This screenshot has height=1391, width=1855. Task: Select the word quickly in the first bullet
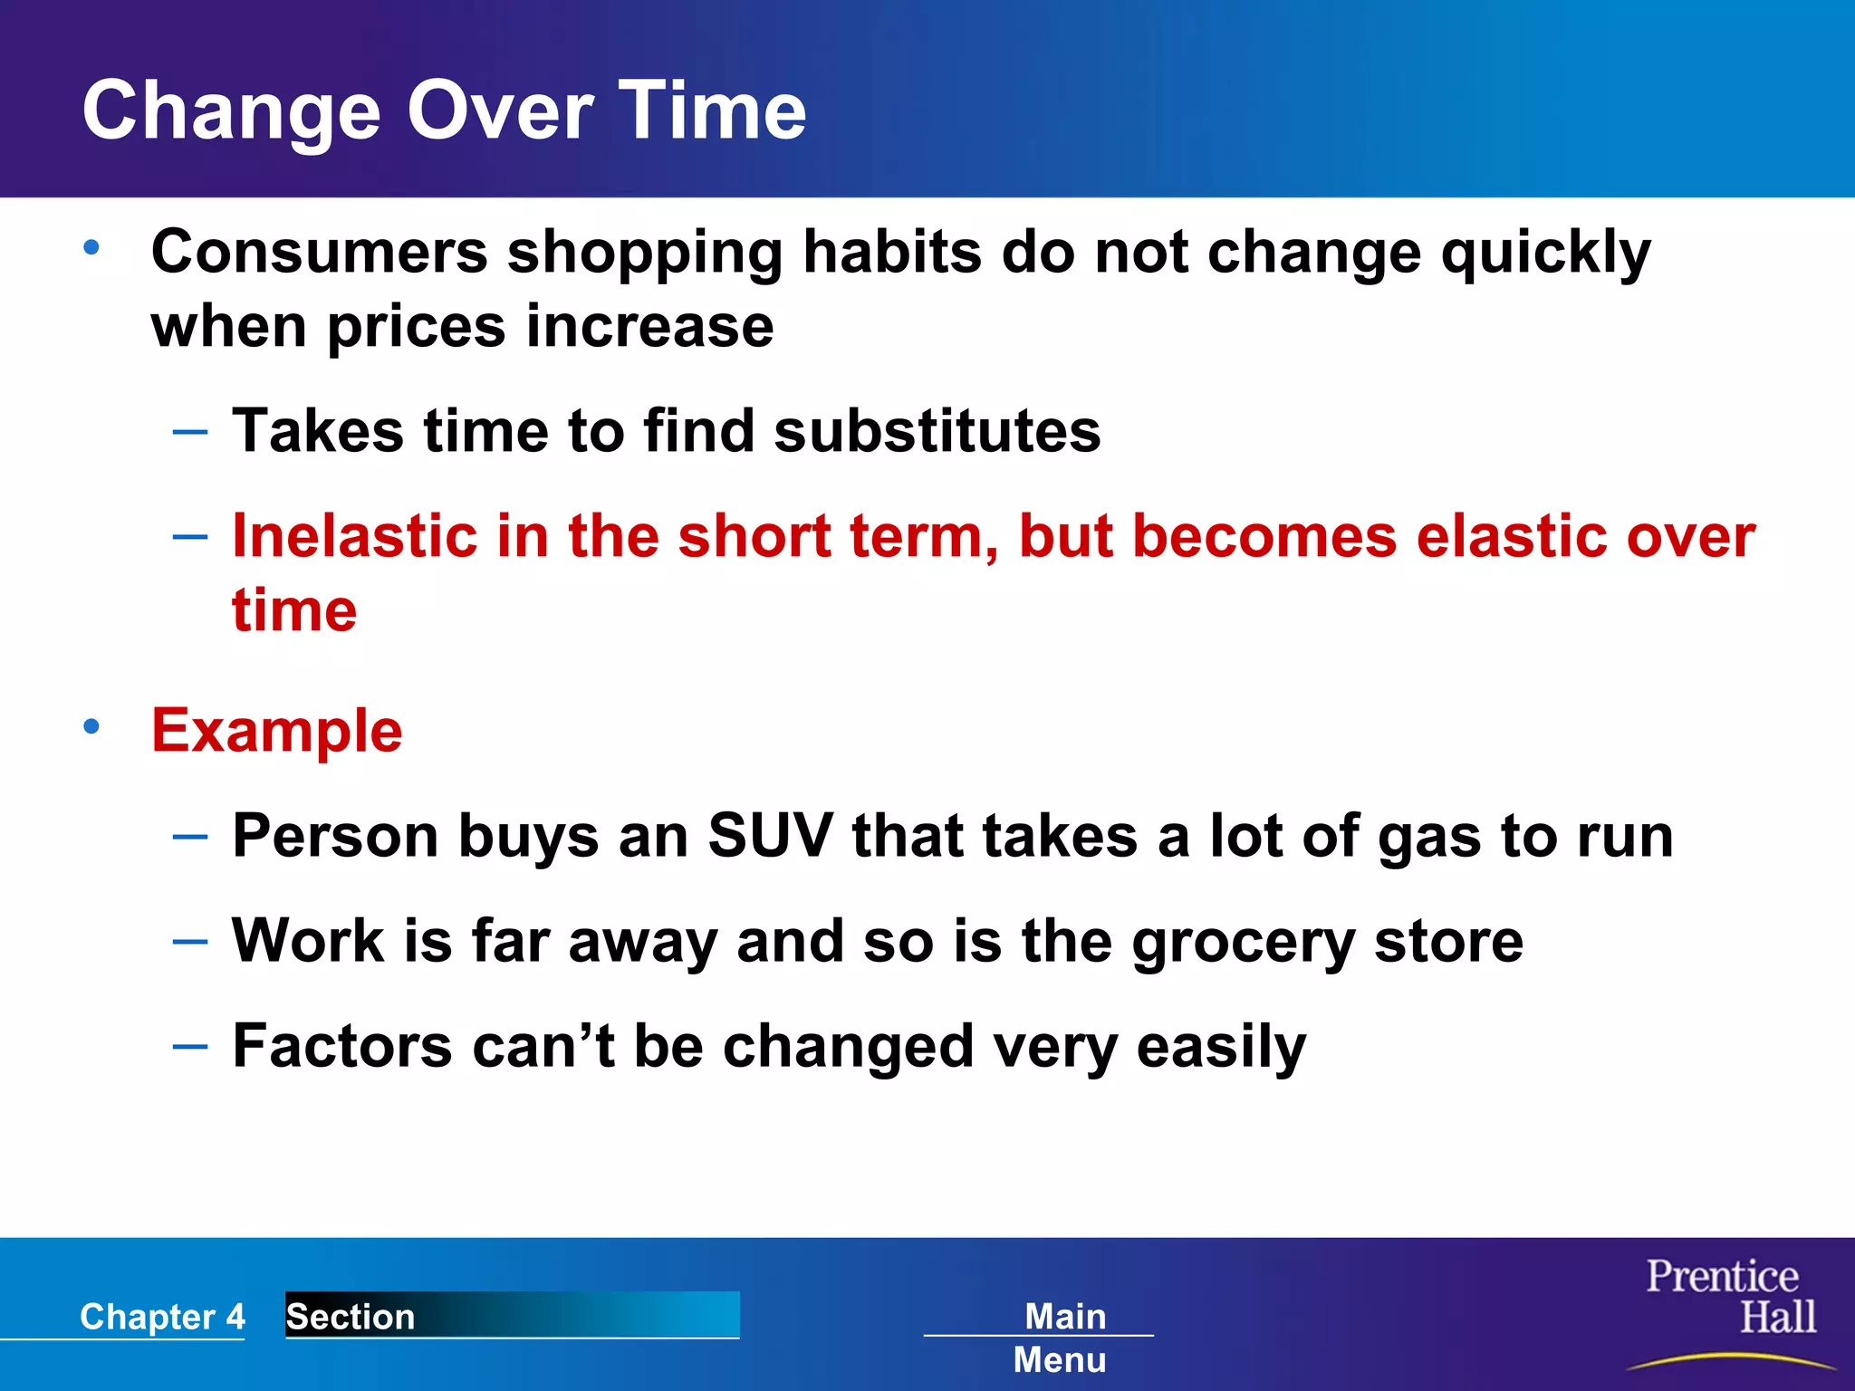click(x=1545, y=254)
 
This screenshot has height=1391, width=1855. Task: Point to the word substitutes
click(x=937, y=431)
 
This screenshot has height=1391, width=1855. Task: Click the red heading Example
click(x=277, y=731)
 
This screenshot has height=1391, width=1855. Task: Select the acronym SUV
click(x=769, y=835)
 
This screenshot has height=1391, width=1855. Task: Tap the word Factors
click(x=341, y=1046)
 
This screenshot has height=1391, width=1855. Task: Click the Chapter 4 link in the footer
click(x=162, y=1317)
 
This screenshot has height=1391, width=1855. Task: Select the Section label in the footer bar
click(x=351, y=1317)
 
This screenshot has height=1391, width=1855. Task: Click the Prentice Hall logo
click(x=1730, y=1304)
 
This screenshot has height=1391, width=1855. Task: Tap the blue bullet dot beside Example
click(x=91, y=726)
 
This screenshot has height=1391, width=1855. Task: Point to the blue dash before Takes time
click(x=189, y=432)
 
